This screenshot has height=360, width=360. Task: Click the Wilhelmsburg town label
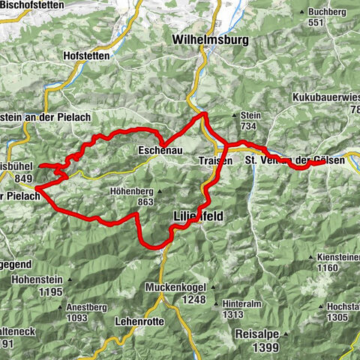click(x=209, y=38)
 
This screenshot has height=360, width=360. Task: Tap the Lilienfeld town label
click(x=193, y=215)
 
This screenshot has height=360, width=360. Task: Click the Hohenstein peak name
click(x=36, y=278)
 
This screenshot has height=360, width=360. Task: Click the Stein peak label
click(x=250, y=115)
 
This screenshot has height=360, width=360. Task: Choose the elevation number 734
click(x=250, y=126)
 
